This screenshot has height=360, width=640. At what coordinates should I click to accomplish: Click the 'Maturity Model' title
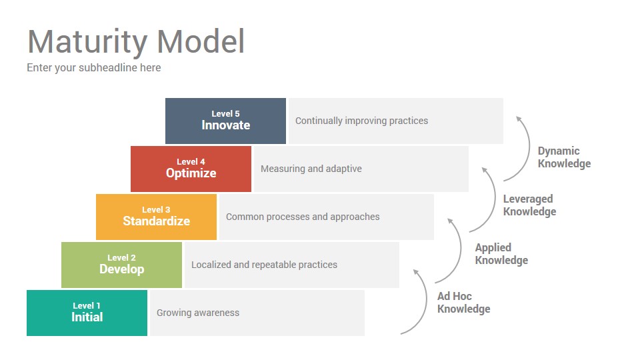click(136, 41)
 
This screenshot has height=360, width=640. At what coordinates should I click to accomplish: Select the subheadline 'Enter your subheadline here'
click(94, 68)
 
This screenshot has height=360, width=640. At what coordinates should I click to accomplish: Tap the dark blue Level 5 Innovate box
click(226, 121)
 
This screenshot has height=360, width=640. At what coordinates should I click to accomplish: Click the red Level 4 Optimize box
click(191, 169)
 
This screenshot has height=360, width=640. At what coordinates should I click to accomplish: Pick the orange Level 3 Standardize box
click(156, 217)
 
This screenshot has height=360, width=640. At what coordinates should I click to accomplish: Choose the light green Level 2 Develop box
click(121, 265)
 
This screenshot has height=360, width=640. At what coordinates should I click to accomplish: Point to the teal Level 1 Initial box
click(87, 313)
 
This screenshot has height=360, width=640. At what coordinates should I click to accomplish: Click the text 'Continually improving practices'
click(361, 121)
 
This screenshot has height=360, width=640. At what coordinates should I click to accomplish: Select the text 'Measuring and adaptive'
click(311, 169)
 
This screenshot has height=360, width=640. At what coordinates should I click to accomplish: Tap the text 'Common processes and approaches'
click(303, 217)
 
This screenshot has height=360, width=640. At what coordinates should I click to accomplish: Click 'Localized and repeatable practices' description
click(265, 265)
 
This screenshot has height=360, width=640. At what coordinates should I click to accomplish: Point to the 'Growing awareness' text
click(198, 313)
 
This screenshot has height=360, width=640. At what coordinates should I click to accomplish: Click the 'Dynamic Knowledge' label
click(564, 157)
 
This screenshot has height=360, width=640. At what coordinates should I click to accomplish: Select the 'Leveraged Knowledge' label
click(529, 205)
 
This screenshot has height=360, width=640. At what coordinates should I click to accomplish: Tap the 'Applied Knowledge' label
click(501, 254)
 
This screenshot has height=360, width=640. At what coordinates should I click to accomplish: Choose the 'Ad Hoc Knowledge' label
click(464, 303)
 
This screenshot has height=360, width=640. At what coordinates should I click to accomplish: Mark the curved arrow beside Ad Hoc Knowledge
click(426, 302)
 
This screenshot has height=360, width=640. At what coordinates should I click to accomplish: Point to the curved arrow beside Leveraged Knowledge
click(495, 200)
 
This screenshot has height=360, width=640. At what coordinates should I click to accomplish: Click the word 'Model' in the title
click(201, 41)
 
